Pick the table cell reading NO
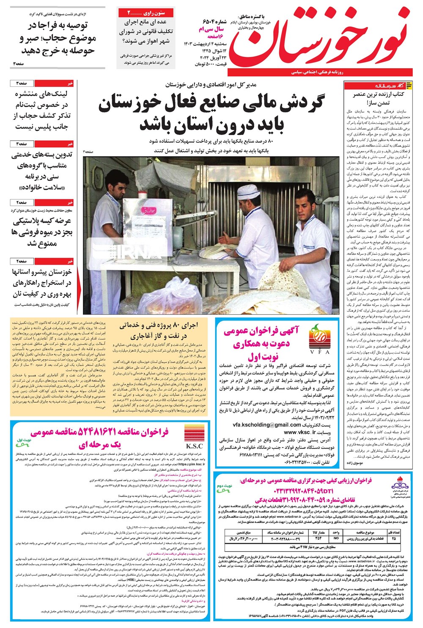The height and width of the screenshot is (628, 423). click(336, 538)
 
